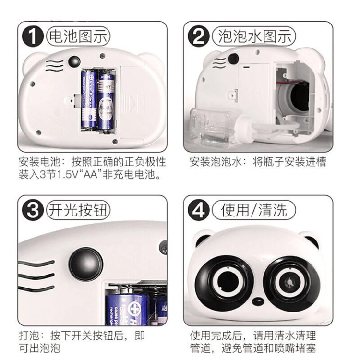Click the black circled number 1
[33, 36]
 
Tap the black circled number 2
[199, 36]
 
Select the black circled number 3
[33, 210]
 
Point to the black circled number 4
[199, 210]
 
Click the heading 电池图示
[78, 36]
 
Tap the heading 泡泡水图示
[254, 36]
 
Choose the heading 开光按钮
[78, 210]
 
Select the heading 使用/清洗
[254, 210]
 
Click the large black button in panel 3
[86, 264]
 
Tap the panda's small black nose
[258, 301]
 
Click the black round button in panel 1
[74, 61]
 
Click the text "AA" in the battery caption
[91, 175]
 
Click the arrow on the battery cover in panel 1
[132, 105]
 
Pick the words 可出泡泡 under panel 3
[39, 348]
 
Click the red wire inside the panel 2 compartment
[290, 82]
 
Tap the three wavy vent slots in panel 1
[55, 65]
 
